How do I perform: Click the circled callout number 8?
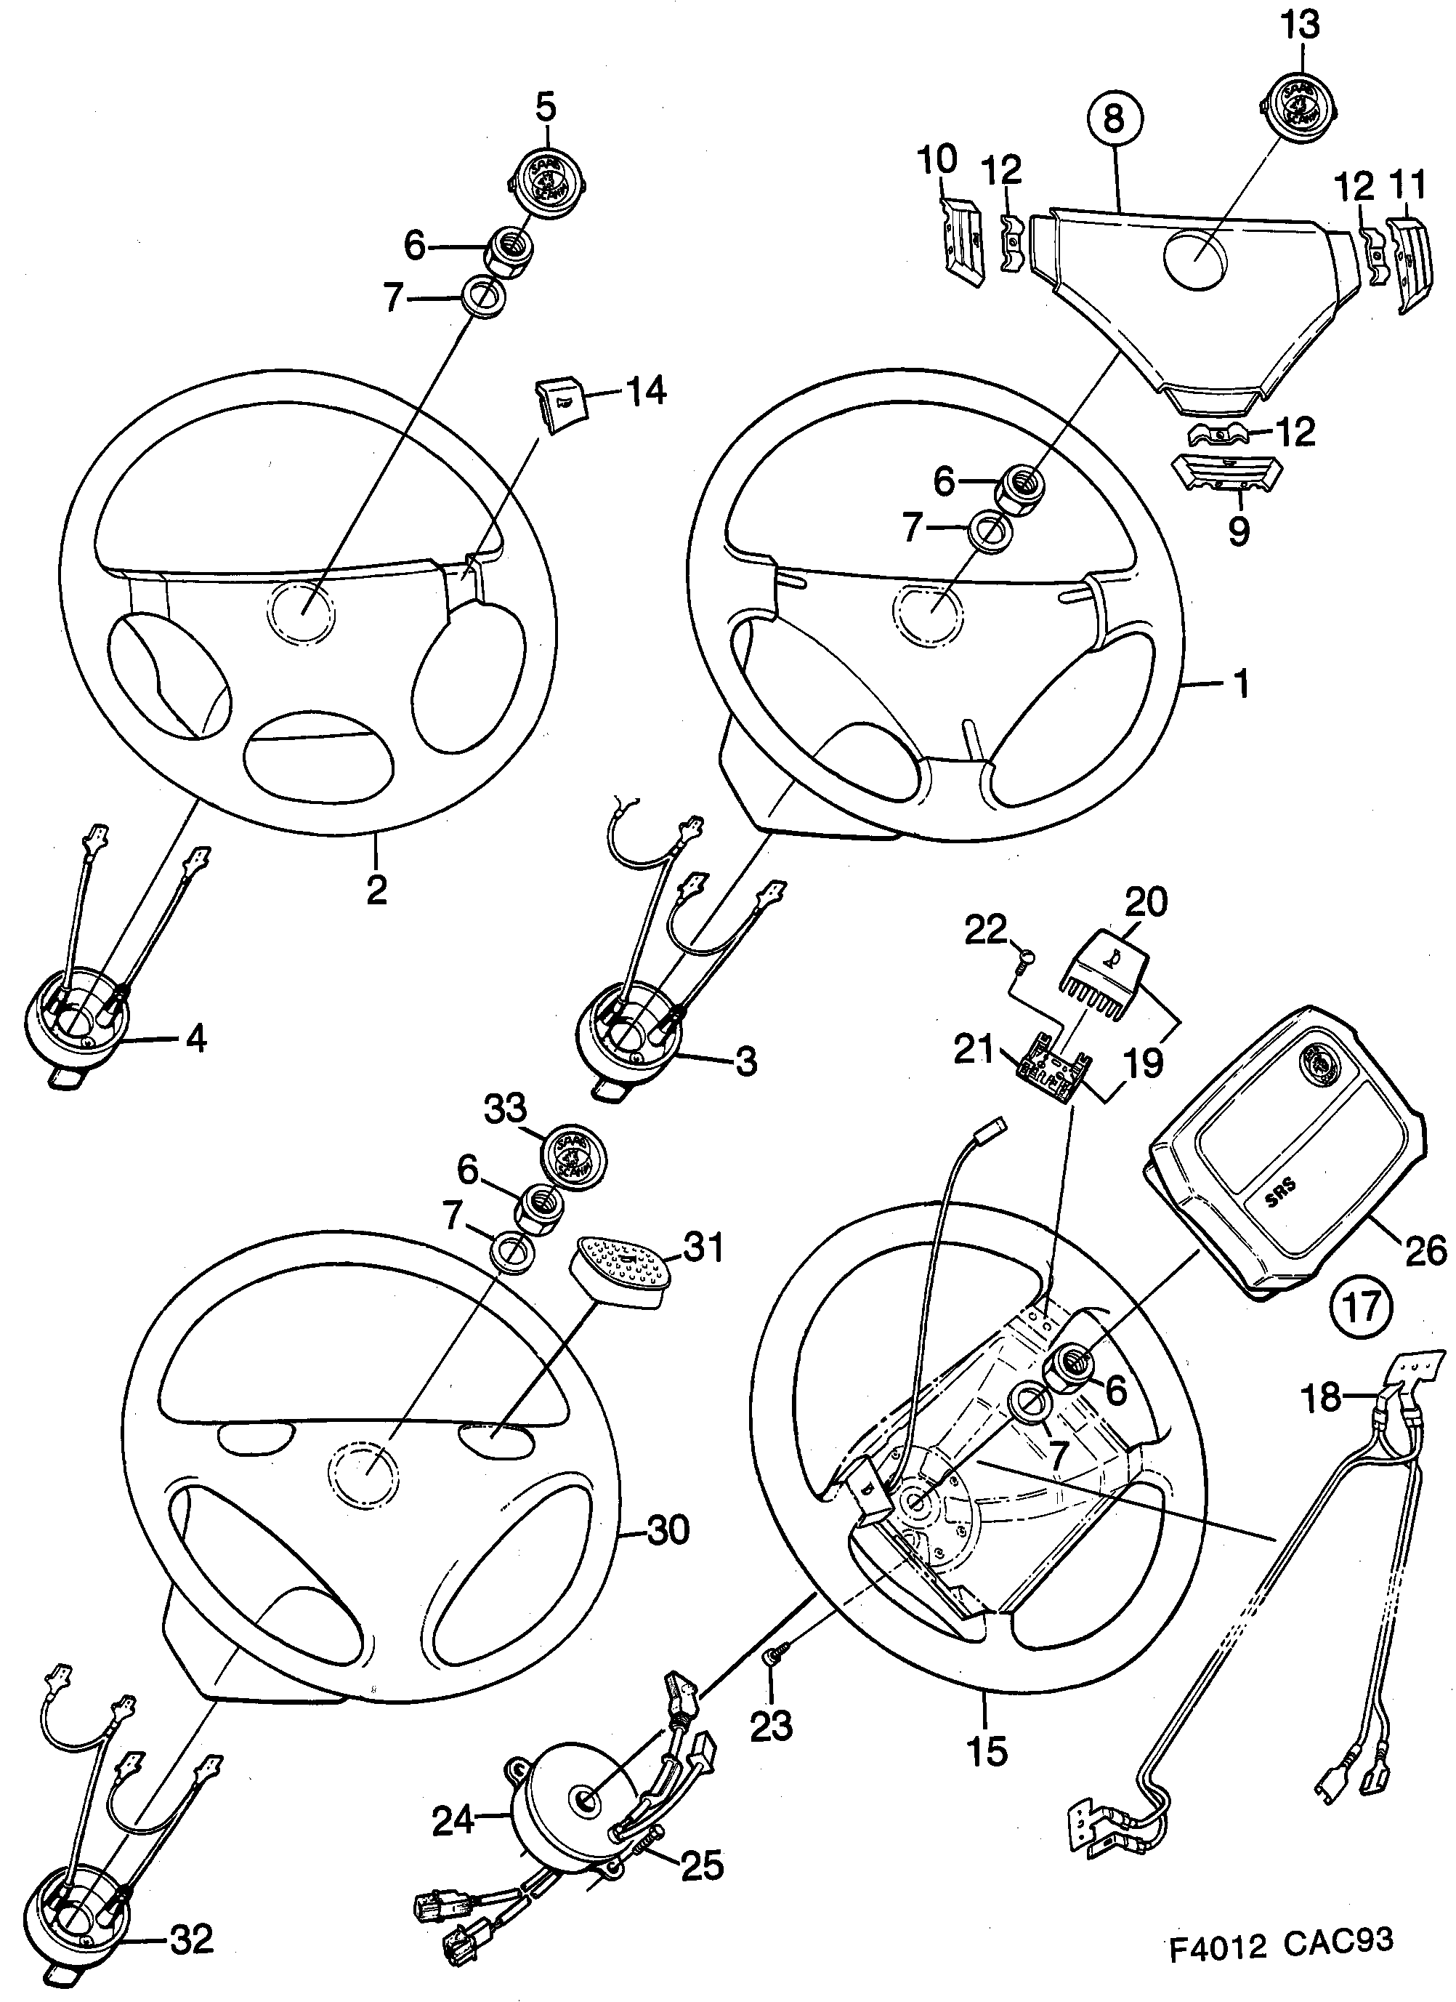click(1115, 119)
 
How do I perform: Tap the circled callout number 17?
click(1360, 1305)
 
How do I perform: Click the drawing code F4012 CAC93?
click(1282, 1964)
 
